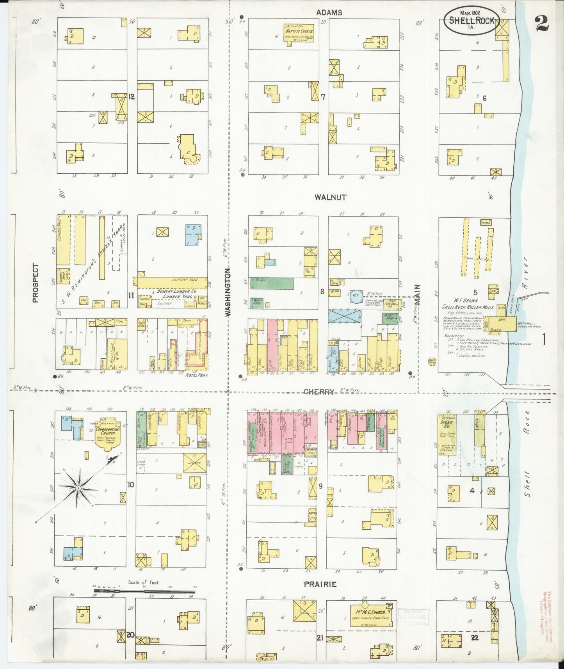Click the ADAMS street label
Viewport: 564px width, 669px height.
click(329, 12)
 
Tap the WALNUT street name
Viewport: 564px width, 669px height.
click(331, 197)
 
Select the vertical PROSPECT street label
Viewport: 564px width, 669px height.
click(36, 283)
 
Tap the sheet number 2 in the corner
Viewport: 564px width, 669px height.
click(542, 24)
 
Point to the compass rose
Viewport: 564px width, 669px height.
click(78, 488)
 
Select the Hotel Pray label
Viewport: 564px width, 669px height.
click(197, 375)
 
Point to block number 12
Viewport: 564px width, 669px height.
click(132, 96)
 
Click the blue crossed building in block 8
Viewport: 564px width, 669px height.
click(344, 315)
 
